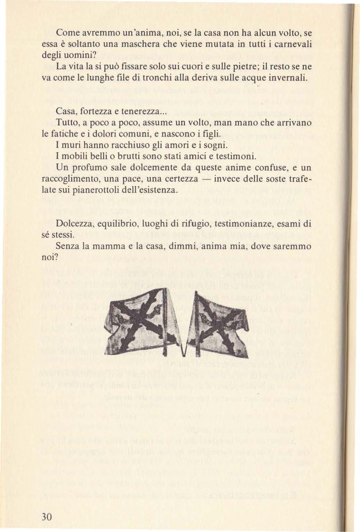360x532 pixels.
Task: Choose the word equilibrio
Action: pyautogui.click(x=119, y=224)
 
